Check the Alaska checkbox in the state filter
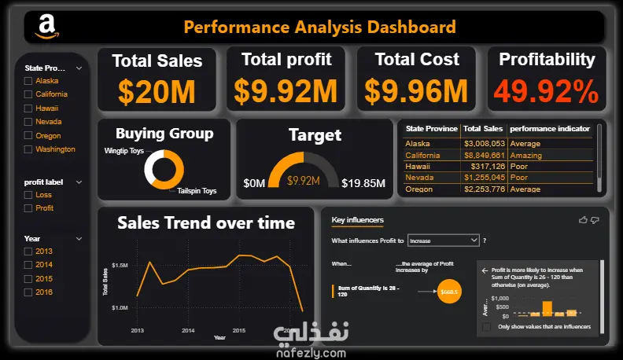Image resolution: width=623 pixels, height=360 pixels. point(28,81)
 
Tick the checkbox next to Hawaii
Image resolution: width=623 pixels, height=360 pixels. point(28,108)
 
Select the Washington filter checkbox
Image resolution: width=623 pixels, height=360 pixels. point(28,149)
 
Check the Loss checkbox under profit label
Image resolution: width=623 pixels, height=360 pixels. point(28,195)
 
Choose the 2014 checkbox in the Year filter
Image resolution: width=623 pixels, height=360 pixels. point(28,266)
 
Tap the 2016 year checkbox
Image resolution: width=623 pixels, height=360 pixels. point(28,292)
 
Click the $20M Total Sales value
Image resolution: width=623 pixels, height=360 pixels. point(157,92)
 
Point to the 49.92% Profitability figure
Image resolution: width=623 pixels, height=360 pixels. point(547,92)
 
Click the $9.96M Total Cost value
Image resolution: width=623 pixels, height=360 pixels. point(415,92)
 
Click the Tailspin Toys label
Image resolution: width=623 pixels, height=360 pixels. point(197,191)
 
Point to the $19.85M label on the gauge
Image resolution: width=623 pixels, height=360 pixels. point(363,184)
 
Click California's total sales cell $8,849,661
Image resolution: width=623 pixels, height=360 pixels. point(482,156)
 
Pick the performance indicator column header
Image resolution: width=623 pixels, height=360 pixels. point(550,128)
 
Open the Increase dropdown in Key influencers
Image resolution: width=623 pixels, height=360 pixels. point(443,241)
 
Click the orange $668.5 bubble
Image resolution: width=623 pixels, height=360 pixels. point(449,292)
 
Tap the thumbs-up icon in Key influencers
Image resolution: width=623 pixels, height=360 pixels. point(583,220)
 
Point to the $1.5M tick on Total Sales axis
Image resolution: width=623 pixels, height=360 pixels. point(120,266)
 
